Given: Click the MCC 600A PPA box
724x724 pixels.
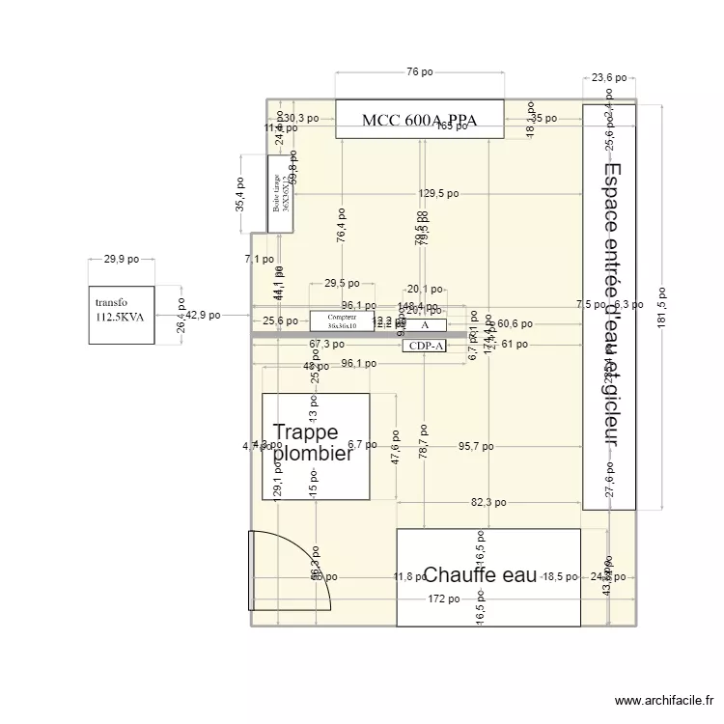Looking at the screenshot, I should click(x=419, y=119).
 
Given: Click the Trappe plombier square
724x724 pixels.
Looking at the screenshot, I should click(x=316, y=446).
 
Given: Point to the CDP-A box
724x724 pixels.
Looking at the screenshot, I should click(x=424, y=346).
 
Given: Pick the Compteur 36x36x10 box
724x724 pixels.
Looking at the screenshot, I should click(x=342, y=321).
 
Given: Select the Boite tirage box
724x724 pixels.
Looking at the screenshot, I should click(x=280, y=193).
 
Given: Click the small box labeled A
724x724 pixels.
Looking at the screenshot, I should click(x=424, y=325).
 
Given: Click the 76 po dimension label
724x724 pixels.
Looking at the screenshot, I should click(x=419, y=72).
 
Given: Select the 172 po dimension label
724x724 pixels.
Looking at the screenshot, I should click(x=444, y=599).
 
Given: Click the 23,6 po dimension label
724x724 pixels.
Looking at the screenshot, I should click(x=609, y=77).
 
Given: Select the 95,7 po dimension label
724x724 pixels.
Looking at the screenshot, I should click(x=476, y=447).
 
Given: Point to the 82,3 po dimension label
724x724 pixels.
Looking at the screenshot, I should click(x=488, y=503).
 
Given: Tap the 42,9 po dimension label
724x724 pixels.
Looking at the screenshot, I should click(x=203, y=315).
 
